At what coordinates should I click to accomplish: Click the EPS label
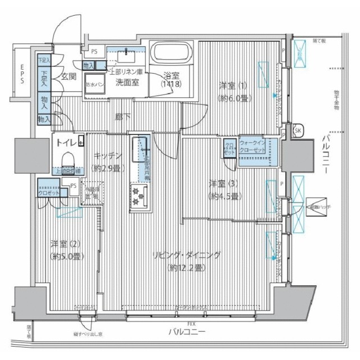22,73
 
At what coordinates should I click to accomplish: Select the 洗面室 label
127,81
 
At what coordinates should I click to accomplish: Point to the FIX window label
191,323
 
